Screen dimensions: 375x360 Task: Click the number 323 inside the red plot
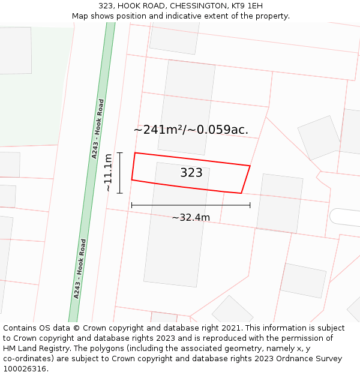tap(191, 173)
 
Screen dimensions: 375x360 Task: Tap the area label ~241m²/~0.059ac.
tap(191, 130)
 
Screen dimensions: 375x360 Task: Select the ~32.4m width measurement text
tap(191, 217)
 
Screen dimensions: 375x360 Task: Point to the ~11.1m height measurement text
tap(108, 173)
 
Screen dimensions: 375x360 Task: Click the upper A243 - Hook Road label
tap(98, 128)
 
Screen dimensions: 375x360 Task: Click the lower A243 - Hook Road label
tap(80, 269)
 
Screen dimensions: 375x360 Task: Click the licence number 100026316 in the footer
tap(26, 369)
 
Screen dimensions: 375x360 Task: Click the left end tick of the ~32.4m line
tap(132, 205)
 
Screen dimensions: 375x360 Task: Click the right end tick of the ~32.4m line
tap(250, 205)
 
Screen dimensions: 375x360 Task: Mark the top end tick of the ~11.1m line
tap(120, 153)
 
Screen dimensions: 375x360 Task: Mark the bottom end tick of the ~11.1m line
tap(120, 193)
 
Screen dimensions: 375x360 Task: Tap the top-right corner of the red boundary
tap(250, 166)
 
